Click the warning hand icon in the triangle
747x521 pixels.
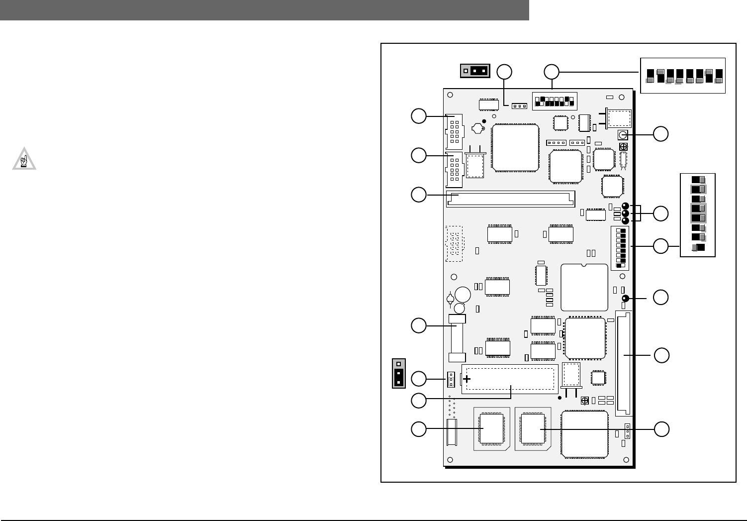pos(24,160)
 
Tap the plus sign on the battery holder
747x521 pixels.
pos(467,379)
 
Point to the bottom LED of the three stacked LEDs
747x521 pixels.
pos(626,220)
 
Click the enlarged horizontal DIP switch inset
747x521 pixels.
pos(682,76)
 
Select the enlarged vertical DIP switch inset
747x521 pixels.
pos(698,214)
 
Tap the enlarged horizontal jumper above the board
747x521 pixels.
pos(475,71)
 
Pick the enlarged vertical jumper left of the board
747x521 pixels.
pos(398,373)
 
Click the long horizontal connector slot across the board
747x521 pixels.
pos(510,199)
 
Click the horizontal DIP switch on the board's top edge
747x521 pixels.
pos(554,101)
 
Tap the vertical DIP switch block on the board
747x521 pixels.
pos(620,248)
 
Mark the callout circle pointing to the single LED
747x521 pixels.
pos(661,298)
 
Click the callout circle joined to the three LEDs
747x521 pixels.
pos(661,213)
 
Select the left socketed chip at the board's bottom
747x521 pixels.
pos(491,428)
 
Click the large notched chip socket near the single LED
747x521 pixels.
pos(584,288)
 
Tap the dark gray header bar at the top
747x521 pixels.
pos(264,10)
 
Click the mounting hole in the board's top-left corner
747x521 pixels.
pos(450,95)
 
